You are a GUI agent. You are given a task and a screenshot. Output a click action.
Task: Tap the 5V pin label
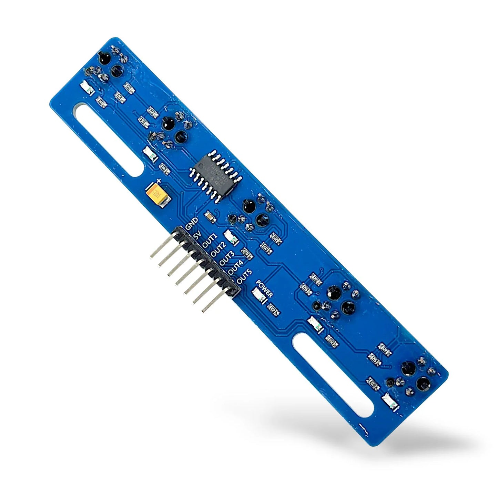pos(197,236)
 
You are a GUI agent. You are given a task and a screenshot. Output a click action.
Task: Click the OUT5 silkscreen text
pos(244,277)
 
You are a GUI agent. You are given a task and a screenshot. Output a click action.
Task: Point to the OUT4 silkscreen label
pos(235,268)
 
